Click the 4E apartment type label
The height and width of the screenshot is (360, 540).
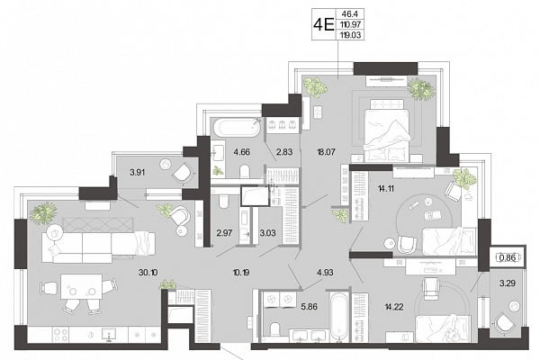point(324,24)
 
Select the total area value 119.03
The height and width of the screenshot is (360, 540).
point(350,35)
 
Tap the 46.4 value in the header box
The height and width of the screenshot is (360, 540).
point(350,14)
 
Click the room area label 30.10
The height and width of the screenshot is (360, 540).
point(148,273)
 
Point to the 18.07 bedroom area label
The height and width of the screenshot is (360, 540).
point(326,151)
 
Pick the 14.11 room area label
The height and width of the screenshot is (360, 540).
point(386,188)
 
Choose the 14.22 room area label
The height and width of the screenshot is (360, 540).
point(394,306)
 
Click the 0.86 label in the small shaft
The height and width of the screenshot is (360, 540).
point(508,257)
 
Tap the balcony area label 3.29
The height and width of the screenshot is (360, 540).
point(508,283)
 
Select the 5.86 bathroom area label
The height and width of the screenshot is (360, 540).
point(309,306)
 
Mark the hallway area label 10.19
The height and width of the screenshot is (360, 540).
point(241,273)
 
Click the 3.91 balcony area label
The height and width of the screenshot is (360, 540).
point(137,172)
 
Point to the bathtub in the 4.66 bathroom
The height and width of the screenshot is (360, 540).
point(236,128)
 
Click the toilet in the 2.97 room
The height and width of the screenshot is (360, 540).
point(224,202)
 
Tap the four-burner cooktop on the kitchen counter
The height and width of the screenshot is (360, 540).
point(60,334)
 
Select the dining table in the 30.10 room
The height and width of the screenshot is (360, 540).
point(81,286)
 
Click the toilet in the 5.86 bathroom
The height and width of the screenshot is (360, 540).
point(274,328)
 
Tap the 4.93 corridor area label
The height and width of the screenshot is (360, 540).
point(325,273)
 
